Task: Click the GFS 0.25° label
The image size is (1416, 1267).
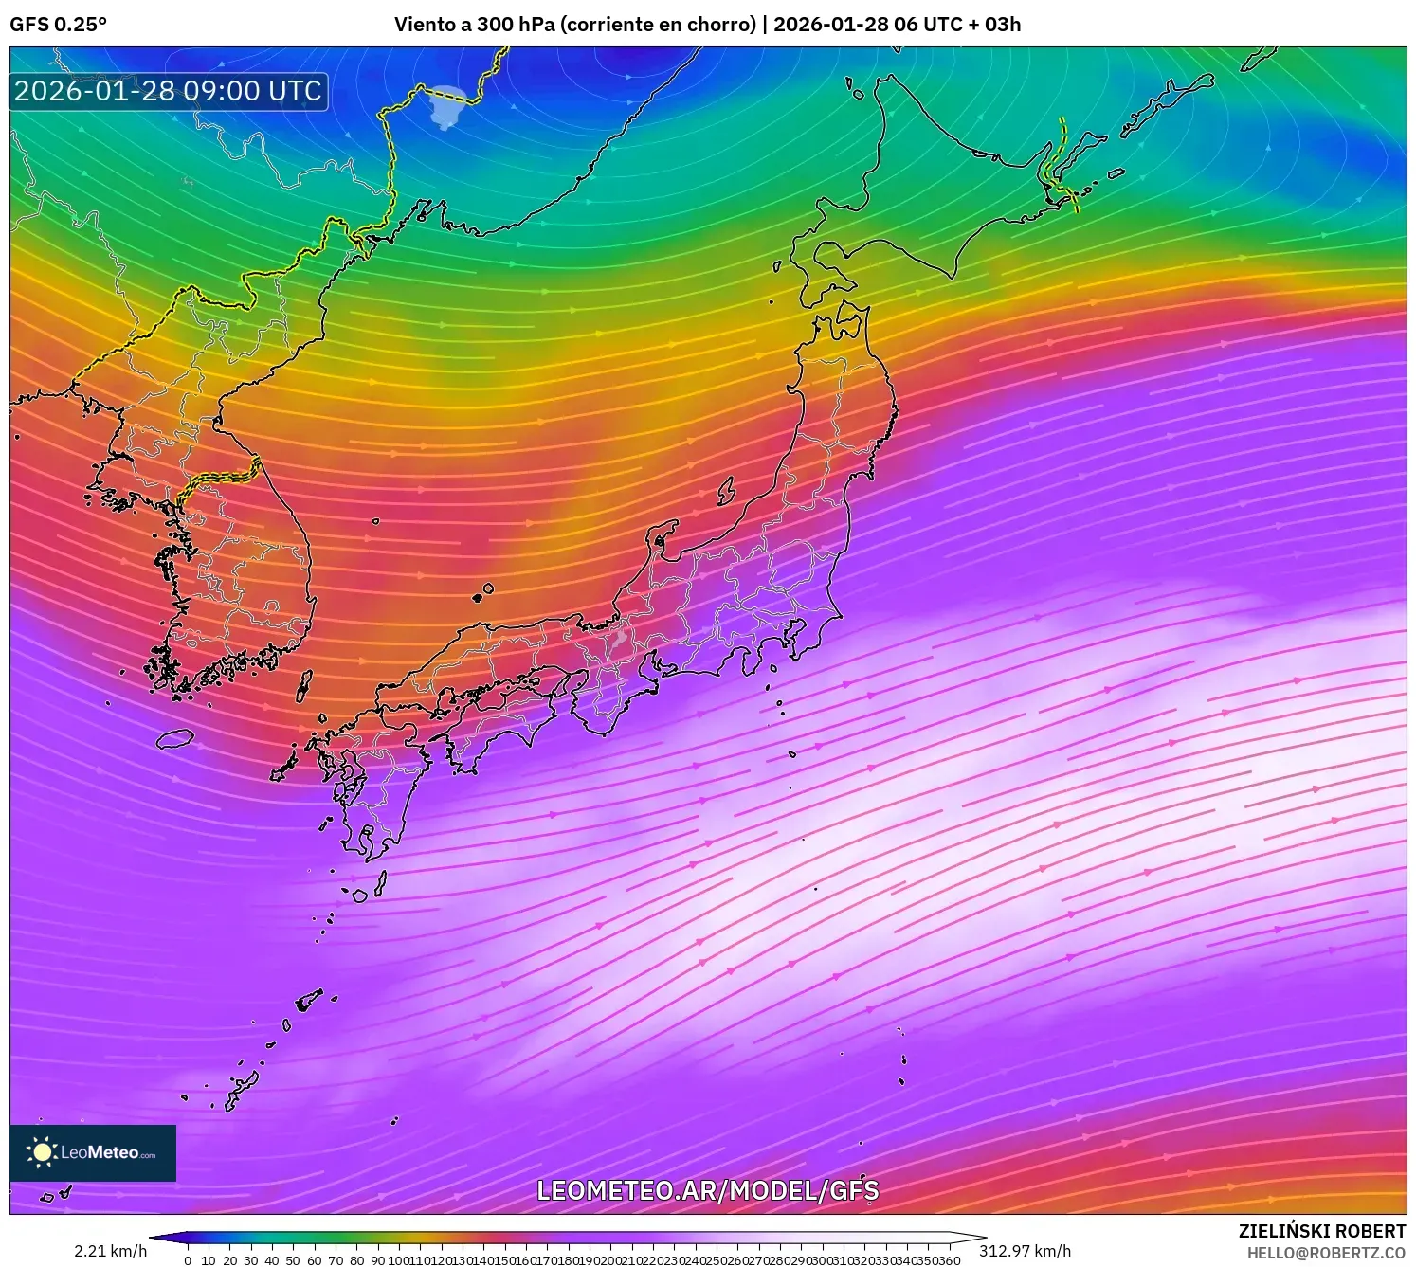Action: (58, 25)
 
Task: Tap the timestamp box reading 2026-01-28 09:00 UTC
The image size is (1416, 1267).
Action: (169, 92)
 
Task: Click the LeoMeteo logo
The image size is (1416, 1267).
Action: (93, 1152)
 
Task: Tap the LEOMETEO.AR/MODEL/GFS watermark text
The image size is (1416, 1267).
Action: (707, 1190)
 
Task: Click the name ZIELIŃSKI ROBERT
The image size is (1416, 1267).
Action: (1321, 1231)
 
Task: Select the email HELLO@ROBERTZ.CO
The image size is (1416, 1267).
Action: (1325, 1253)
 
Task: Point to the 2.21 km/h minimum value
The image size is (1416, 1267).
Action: (110, 1251)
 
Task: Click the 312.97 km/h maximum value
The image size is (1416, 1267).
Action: (1025, 1251)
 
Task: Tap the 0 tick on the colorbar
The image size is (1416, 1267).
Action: (188, 1260)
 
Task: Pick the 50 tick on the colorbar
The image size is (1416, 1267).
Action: (293, 1260)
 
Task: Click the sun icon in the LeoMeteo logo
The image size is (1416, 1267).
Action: (42, 1152)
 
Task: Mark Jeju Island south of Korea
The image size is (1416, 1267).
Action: (175, 738)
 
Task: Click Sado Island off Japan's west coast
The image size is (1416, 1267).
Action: (727, 491)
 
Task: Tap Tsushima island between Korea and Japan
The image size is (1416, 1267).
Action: (304, 686)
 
